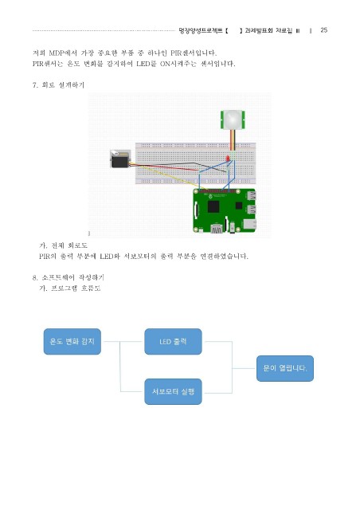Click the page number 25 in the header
coord(323,30)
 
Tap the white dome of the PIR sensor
coord(233,119)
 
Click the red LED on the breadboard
coord(228,159)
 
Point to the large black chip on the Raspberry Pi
coord(213,206)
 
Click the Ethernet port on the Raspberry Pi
coord(250,224)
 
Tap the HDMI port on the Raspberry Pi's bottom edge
coord(217,229)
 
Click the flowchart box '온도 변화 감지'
coord(72,342)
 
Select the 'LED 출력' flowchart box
coord(173,342)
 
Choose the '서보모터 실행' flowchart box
coord(173,391)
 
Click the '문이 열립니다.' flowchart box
coord(285,368)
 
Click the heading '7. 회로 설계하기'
coord(58,85)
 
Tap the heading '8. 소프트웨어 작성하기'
coord(68,277)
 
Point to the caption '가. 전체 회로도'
coord(63,245)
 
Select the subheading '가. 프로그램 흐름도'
coord(70,288)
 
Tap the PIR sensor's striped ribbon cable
coord(233,140)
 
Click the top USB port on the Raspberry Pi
coord(252,195)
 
